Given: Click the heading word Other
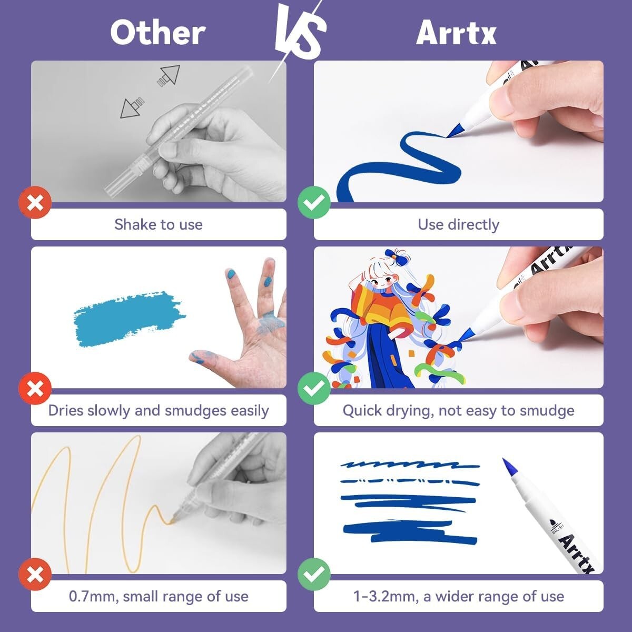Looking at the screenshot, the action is pyautogui.click(x=158, y=33).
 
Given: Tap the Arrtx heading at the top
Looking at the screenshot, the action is pyautogui.click(x=456, y=33).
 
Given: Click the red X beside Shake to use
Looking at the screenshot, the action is pyautogui.click(x=35, y=202).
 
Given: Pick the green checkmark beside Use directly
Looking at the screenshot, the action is pyautogui.click(x=314, y=202).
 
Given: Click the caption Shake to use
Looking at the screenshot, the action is pyautogui.click(x=159, y=225).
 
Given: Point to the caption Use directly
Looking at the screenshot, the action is pyautogui.click(x=459, y=225).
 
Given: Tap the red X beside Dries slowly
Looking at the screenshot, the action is pyautogui.click(x=35, y=388).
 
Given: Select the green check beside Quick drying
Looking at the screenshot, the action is pyautogui.click(x=314, y=388).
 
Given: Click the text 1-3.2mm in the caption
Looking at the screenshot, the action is pyautogui.click(x=386, y=597).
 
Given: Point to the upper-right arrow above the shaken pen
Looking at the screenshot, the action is pyautogui.click(x=169, y=75).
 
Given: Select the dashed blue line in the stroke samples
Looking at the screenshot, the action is pyautogui.click(x=410, y=481).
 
